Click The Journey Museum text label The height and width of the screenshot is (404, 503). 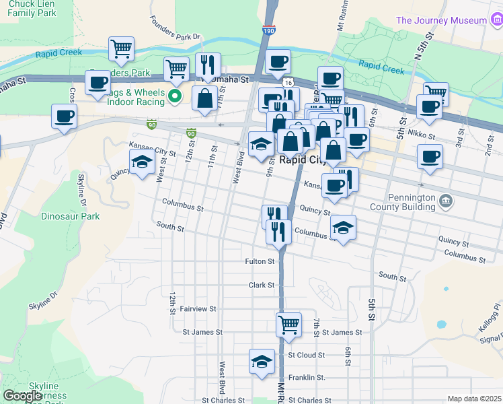pyautogui.click(x=440, y=20)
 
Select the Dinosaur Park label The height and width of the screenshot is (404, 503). pyautogui.click(x=71, y=217)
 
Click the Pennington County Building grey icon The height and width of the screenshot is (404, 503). pyautogui.click(x=444, y=201)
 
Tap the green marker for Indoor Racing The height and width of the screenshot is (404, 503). pyautogui.click(x=175, y=96)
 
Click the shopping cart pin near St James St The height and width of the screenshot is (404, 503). pyautogui.click(x=288, y=324)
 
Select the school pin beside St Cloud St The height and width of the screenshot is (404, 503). pyautogui.click(x=262, y=361)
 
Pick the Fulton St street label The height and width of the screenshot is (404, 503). pyautogui.click(x=260, y=261)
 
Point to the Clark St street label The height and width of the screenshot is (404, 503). pyautogui.click(x=262, y=285)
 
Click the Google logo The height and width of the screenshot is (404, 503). pyautogui.click(x=23, y=396)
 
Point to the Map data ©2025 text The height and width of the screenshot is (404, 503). pyautogui.click(x=474, y=399)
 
